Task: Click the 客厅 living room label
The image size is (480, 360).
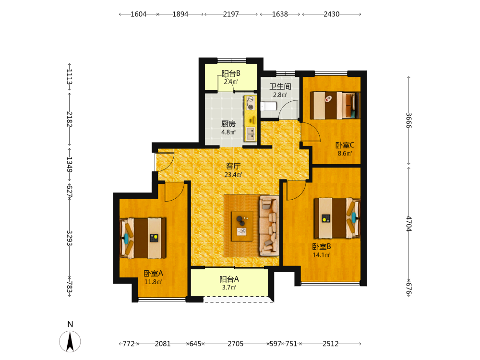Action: click(x=233, y=166)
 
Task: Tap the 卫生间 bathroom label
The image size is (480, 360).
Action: click(x=280, y=86)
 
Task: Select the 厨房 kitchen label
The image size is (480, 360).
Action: click(x=228, y=124)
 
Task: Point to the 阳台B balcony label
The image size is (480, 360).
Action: click(x=231, y=73)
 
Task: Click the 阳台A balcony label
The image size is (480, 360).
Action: click(x=229, y=279)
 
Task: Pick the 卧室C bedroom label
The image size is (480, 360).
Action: click(x=345, y=145)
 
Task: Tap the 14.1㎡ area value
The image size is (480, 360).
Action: click(x=322, y=255)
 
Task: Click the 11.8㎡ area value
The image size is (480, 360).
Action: click(x=154, y=282)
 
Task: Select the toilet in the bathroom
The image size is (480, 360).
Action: click(x=268, y=107)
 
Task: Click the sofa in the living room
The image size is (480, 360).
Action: click(x=269, y=226)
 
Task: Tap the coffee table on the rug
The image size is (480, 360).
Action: click(x=242, y=226)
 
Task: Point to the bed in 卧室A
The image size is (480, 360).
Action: click(x=143, y=238)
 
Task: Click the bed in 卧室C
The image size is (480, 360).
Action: click(x=335, y=105)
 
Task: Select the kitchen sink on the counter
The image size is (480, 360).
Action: click(x=251, y=134)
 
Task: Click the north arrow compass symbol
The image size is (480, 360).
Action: click(x=70, y=341)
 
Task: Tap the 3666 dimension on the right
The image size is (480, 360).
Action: click(x=408, y=120)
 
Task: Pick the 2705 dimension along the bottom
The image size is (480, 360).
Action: click(x=235, y=344)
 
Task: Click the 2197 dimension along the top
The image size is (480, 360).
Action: click(x=231, y=14)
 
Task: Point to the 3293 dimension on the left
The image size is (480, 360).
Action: click(x=70, y=238)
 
